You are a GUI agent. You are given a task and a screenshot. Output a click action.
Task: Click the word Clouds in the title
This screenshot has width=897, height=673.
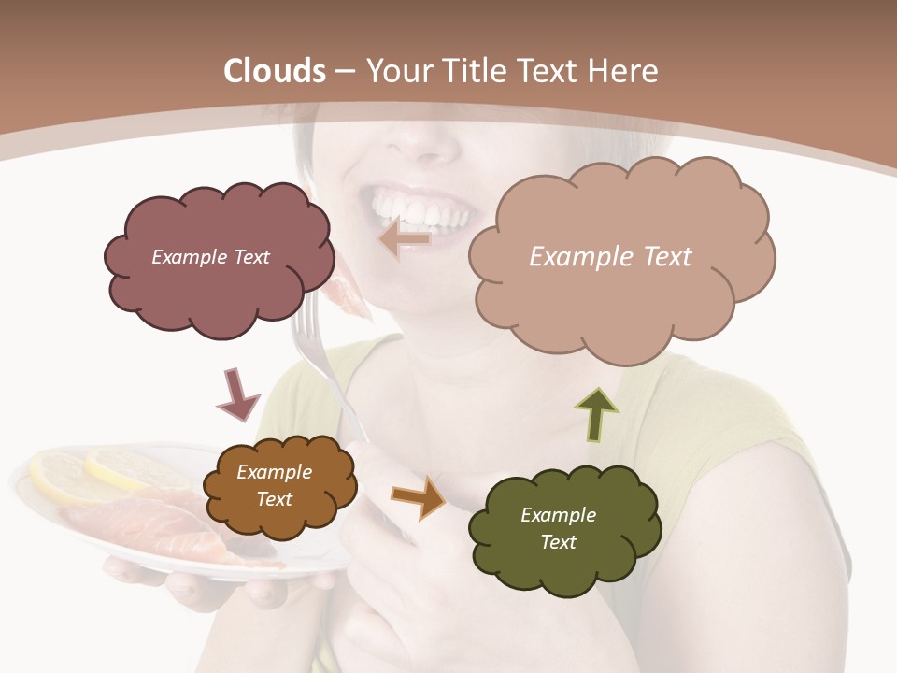coord(275,71)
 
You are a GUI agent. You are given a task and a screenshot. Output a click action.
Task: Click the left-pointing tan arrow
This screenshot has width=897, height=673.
coord(405,240)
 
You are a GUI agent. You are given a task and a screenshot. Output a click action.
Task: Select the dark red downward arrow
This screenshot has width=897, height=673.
coord(237,394)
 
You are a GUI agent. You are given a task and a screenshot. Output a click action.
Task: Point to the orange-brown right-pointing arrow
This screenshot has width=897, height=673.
coord(419,495)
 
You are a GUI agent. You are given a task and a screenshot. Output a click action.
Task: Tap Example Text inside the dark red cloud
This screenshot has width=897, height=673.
coord(210,257)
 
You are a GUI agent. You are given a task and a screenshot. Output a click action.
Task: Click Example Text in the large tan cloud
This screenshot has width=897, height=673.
coord(610,257)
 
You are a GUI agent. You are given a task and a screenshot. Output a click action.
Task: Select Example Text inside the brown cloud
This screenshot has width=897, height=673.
coord(274,486)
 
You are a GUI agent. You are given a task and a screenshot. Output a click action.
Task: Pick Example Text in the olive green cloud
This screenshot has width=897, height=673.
coord(558,528)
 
